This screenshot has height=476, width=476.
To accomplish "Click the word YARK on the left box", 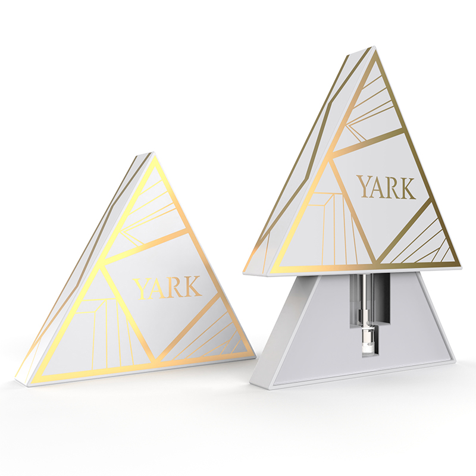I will click(168, 288).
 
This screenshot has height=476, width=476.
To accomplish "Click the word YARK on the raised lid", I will click(386, 188).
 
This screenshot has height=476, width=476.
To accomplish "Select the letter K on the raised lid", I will click(408, 188).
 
